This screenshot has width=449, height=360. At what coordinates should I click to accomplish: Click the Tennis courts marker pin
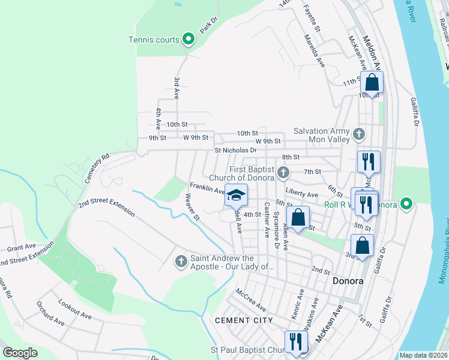pos(188,40)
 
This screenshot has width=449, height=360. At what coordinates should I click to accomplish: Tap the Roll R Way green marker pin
pos(406,204)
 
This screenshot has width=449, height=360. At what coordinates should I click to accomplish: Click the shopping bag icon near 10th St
pos(372,83)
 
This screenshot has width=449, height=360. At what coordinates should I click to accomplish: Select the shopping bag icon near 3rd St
pos(362,245)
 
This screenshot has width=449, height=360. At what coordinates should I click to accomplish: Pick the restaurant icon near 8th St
pos(367,161)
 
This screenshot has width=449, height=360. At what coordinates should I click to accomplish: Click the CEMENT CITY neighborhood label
pos(244,320)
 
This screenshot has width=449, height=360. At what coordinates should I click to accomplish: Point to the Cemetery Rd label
pos(97,169)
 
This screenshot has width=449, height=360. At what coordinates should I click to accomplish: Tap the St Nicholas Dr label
pos(235,151)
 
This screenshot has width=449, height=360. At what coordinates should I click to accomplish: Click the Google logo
pos(20,353)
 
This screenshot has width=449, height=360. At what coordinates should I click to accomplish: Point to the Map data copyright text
pos(423,355)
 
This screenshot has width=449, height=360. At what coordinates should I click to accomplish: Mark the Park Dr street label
pos(207,28)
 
